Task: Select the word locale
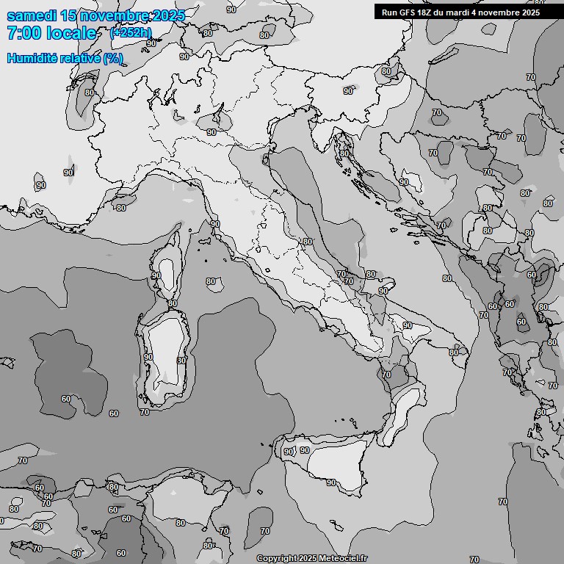pyautogui.click(x=70, y=33)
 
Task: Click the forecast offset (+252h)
pyautogui.click(x=131, y=33)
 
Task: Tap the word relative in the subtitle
pyautogui.click(x=82, y=58)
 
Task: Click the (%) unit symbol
pyautogui.click(x=113, y=58)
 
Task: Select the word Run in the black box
pyautogui.click(x=389, y=12)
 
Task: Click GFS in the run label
pyautogui.click(x=408, y=12)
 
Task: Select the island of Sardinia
pyautogui.click(x=165, y=352)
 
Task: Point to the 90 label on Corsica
pyautogui.click(x=156, y=275)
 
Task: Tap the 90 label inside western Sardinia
pyautogui.click(x=148, y=357)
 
